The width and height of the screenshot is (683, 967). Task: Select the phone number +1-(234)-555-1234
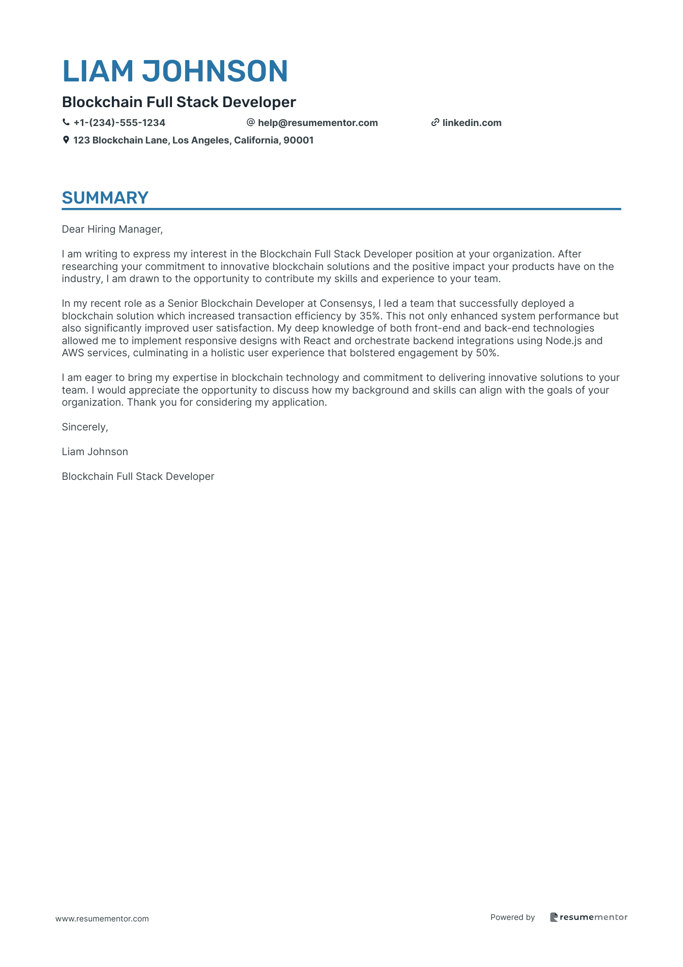pyautogui.click(x=119, y=123)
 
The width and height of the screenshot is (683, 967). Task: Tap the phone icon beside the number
pyautogui.click(x=66, y=123)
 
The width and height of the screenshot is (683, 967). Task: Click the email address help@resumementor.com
pyautogui.click(x=318, y=123)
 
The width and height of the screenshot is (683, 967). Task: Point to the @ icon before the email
pyautogui.click(x=250, y=123)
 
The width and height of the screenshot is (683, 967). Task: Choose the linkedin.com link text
pyautogui.click(x=472, y=123)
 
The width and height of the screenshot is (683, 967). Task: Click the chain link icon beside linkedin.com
pyautogui.click(x=435, y=123)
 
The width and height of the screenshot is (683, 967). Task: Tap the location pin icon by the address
pyautogui.click(x=66, y=140)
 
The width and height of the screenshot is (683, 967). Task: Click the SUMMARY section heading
pyautogui.click(x=105, y=198)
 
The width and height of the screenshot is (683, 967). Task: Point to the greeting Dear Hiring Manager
pyautogui.click(x=112, y=229)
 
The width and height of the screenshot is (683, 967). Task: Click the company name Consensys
pyautogui.click(x=346, y=303)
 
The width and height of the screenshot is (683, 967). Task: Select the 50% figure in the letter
pyautogui.click(x=487, y=353)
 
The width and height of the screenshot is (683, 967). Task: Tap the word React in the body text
pyautogui.click(x=317, y=341)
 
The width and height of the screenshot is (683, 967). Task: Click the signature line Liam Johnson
pyautogui.click(x=95, y=452)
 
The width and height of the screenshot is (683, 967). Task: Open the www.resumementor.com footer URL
pyautogui.click(x=102, y=919)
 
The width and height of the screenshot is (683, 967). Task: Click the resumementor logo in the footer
pyautogui.click(x=589, y=917)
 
